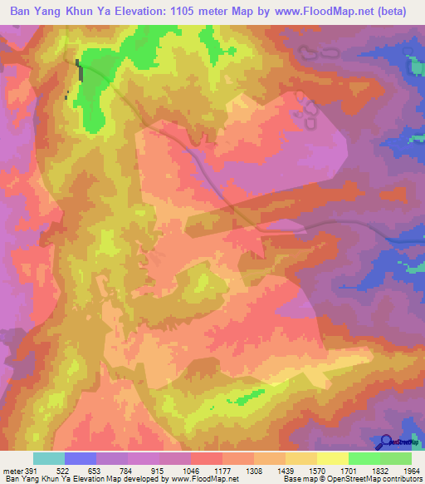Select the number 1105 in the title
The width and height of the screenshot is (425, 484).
[193, 11]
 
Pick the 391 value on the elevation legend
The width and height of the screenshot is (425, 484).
[30, 471]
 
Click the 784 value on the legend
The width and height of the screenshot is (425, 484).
[129, 471]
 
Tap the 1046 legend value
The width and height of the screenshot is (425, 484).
[192, 471]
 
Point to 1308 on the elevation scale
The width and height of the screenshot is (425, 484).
[255, 471]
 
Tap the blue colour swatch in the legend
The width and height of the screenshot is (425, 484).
[80, 458]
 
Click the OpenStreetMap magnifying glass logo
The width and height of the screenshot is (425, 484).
[386, 442]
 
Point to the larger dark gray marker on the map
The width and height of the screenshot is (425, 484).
[80, 70]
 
